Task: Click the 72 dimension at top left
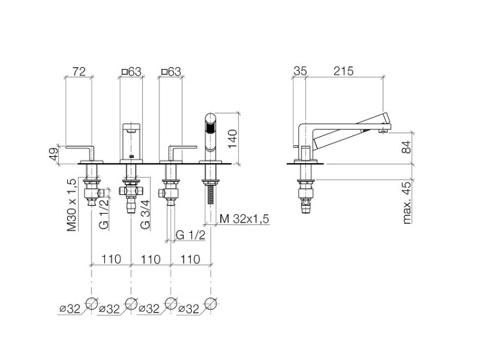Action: [x=79, y=72]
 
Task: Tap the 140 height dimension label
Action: [x=233, y=139]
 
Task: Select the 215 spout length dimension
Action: [x=344, y=71]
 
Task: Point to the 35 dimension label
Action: [x=300, y=71]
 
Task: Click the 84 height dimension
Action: [x=407, y=148]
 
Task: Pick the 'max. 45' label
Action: [x=407, y=203]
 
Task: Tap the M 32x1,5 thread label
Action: [x=244, y=219]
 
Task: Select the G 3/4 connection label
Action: [x=145, y=214]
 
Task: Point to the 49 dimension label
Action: [x=54, y=154]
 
